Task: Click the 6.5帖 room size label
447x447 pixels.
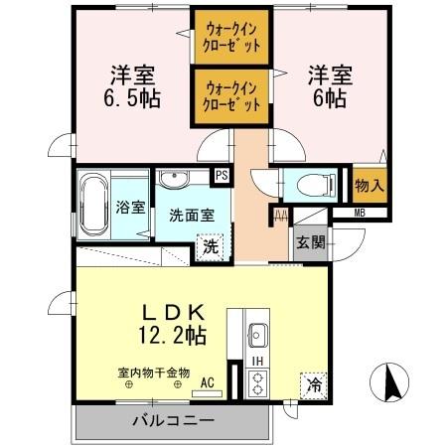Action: (x=130, y=98)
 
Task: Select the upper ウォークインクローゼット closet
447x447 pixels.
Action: (x=231, y=37)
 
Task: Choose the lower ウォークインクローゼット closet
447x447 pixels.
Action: (x=231, y=94)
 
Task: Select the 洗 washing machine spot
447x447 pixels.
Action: (x=211, y=244)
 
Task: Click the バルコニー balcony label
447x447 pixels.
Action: (x=172, y=420)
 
